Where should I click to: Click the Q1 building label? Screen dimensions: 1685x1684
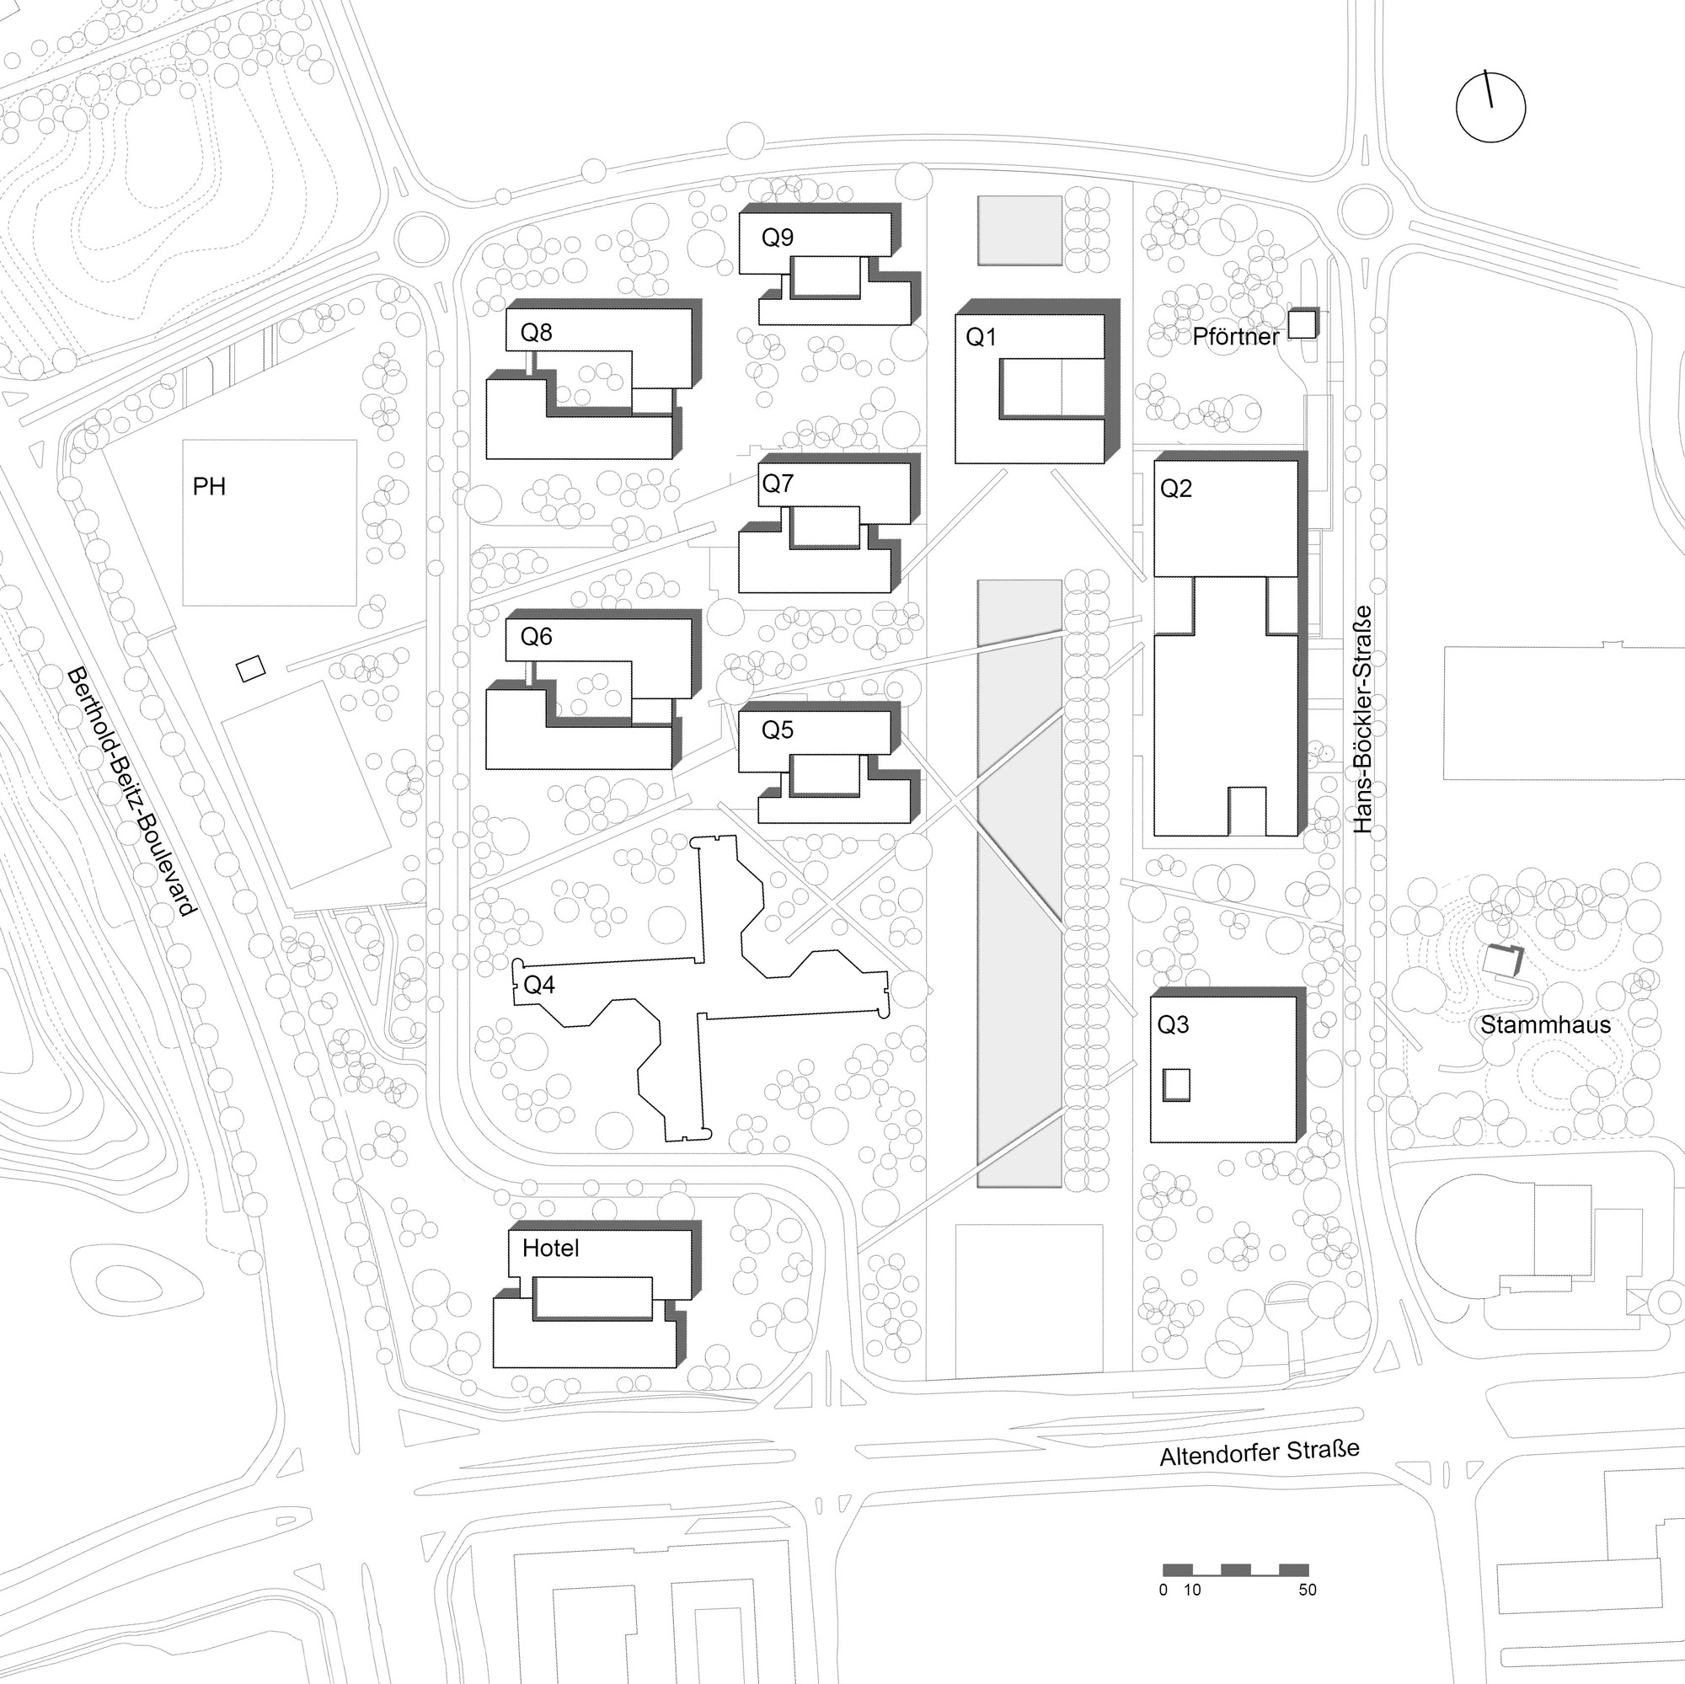(982, 338)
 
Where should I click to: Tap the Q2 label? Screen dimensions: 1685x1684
(1175, 489)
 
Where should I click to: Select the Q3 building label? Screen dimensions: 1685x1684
(1173, 1024)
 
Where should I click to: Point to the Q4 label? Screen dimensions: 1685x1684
(539, 986)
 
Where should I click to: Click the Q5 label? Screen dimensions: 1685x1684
(777, 730)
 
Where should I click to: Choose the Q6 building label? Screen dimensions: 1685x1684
(537, 637)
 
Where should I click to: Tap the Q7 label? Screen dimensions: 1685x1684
(777, 484)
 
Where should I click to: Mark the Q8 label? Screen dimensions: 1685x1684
(537, 332)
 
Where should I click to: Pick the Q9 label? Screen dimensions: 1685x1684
(777, 238)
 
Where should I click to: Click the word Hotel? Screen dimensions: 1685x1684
(550, 1248)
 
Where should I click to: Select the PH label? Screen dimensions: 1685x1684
(209, 487)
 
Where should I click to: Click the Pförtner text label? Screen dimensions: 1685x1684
(1236, 337)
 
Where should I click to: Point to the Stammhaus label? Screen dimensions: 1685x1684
(1545, 1024)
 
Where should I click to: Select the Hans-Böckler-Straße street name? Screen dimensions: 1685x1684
(1362, 719)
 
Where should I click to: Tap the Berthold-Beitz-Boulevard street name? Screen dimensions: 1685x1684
(131, 791)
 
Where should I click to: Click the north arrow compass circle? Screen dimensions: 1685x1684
(1491, 106)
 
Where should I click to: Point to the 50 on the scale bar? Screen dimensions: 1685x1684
(1308, 1590)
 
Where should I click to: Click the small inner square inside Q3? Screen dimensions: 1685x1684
(1175, 1085)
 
